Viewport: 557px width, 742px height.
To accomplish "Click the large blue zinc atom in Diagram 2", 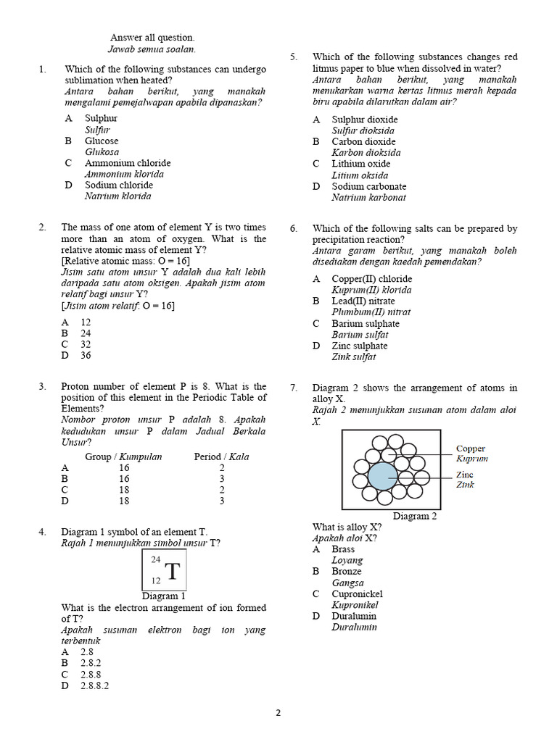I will [382, 476].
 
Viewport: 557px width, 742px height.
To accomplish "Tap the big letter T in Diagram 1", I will [172, 572].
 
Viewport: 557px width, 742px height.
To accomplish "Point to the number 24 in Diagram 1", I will [155, 559].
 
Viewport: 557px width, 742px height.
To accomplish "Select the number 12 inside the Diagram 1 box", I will [155, 581].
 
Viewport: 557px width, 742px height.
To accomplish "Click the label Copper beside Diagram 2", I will [471, 449].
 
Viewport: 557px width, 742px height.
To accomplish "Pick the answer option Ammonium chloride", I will [128, 163].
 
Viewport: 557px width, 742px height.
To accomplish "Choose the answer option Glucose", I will [102, 141].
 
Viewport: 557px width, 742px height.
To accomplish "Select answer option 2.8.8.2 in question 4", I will [95, 685].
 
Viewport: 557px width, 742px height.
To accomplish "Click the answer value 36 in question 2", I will [86, 355].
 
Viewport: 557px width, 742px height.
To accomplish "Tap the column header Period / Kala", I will [221, 457].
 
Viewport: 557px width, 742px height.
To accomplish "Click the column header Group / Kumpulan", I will [123, 457].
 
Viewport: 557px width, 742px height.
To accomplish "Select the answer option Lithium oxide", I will [360, 164].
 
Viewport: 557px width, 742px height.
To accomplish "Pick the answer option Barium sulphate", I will [365, 324].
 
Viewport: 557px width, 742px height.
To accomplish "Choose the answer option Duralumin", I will [354, 616].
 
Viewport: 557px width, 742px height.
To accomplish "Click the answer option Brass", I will [343, 549].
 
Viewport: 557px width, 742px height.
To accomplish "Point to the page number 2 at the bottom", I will [278, 712].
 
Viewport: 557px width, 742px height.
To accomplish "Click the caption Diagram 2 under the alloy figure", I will [415, 517].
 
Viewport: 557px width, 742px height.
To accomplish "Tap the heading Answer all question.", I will [152, 38].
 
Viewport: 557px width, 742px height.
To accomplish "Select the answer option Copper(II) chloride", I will [371, 279].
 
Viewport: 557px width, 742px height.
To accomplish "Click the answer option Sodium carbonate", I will [368, 186].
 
